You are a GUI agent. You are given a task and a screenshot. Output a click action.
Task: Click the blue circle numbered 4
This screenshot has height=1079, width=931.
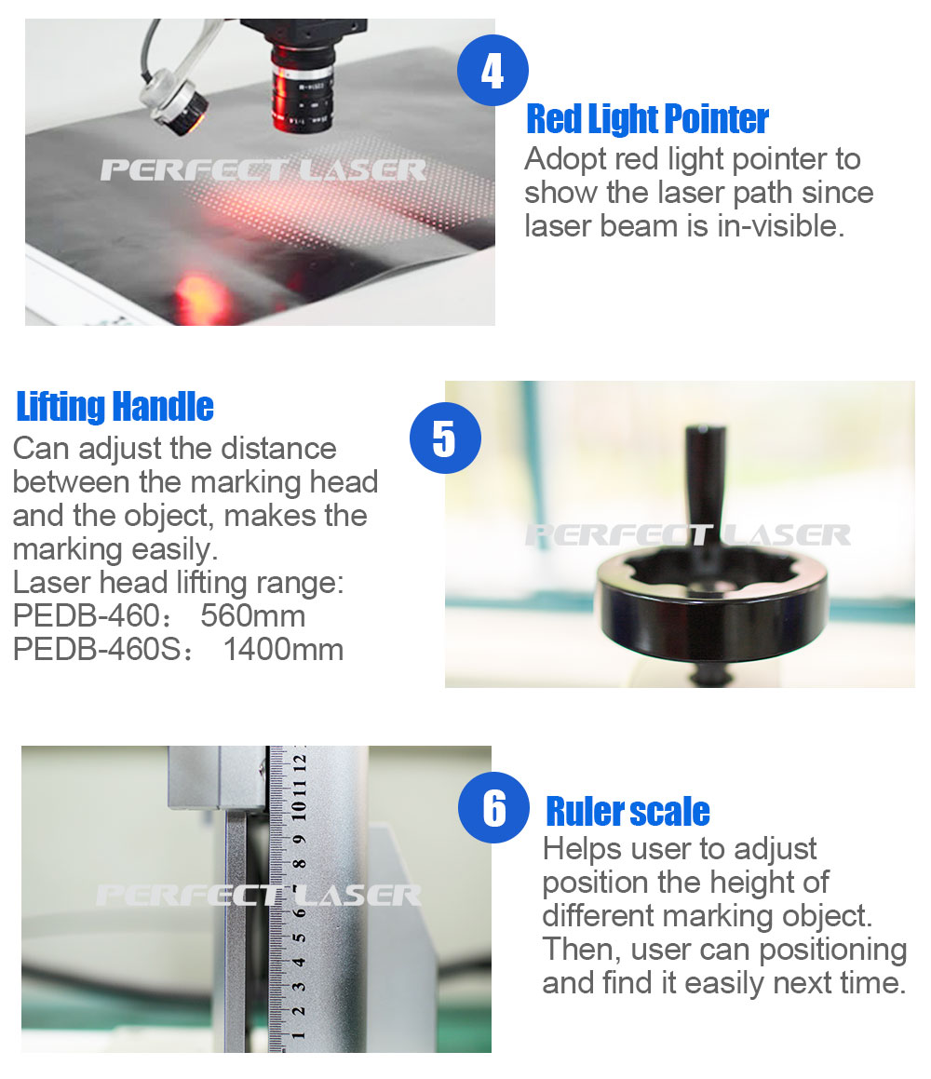pyautogui.click(x=492, y=70)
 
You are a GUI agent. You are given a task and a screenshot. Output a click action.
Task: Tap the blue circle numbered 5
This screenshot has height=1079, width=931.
pyautogui.click(x=444, y=438)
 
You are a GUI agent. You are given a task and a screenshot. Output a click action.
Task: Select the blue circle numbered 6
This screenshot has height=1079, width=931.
pyautogui.click(x=493, y=807)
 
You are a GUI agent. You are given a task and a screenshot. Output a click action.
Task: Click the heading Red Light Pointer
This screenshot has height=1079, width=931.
pyautogui.click(x=647, y=119)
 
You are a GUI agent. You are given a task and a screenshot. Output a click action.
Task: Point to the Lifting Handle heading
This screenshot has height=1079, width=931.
pyautogui.click(x=115, y=406)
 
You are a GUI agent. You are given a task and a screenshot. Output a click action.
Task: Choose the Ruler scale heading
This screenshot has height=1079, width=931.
pyautogui.click(x=627, y=811)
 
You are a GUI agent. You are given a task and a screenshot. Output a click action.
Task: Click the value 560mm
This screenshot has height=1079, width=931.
pyautogui.click(x=252, y=616)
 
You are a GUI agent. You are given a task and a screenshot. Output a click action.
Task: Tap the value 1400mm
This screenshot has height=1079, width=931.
pyautogui.click(x=283, y=650)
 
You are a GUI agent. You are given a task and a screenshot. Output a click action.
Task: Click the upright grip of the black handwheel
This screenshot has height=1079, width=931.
pyautogui.click(x=705, y=481)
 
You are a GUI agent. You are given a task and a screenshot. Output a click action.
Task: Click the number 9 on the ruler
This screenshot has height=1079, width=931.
pyautogui.click(x=299, y=840)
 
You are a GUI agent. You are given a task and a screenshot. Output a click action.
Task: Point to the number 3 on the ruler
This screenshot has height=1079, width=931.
pyautogui.click(x=299, y=987)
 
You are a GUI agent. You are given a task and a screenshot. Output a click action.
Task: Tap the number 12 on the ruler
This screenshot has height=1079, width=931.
pyautogui.click(x=299, y=762)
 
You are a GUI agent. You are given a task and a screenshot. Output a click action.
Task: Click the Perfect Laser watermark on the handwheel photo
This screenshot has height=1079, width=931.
pyautogui.click(x=687, y=534)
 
